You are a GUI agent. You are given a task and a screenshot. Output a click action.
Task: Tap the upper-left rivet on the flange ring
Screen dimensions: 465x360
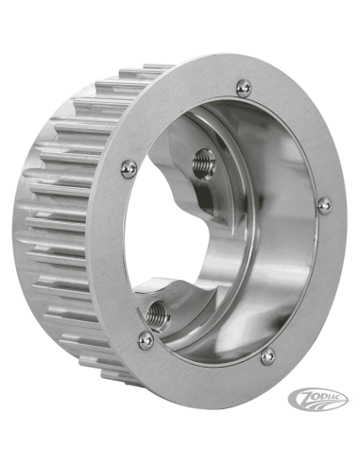(x=129, y=168)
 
